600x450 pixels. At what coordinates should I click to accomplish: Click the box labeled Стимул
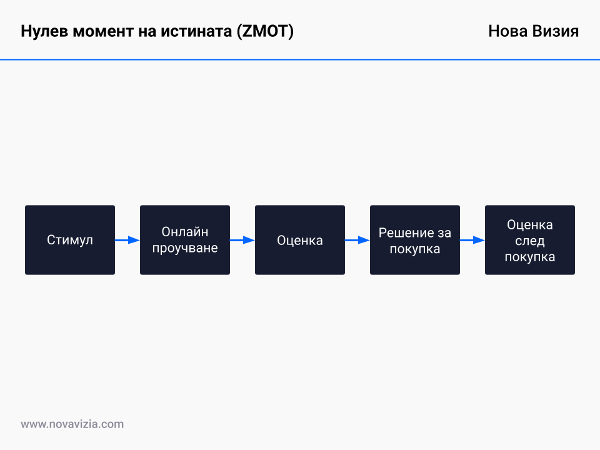click(x=70, y=240)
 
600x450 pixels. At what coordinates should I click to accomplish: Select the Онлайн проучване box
click(x=185, y=240)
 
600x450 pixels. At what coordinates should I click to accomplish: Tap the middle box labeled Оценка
click(x=300, y=240)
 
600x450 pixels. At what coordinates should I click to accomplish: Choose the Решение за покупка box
click(x=415, y=240)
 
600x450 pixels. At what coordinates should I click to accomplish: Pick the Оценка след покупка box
click(x=530, y=240)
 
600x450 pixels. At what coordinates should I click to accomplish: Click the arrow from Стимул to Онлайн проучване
click(x=127, y=240)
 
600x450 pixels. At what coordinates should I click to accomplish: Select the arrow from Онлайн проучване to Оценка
click(x=242, y=240)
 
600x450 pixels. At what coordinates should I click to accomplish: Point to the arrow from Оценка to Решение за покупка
click(x=357, y=240)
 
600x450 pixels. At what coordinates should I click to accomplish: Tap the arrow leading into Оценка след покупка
click(x=472, y=240)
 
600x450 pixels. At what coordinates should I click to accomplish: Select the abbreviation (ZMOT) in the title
click(x=265, y=32)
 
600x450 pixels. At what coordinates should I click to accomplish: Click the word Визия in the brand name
click(x=556, y=32)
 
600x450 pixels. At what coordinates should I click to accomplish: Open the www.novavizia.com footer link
click(x=72, y=424)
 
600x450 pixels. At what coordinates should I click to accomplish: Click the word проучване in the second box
click(x=185, y=248)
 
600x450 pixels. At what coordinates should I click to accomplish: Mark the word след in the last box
click(x=530, y=241)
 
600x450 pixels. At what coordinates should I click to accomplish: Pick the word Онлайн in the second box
click(x=185, y=232)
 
